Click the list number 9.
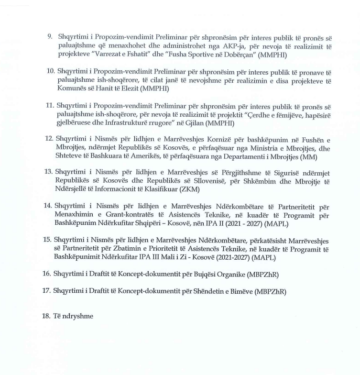click(x=49, y=37)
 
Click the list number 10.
click(x=50, y=71)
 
